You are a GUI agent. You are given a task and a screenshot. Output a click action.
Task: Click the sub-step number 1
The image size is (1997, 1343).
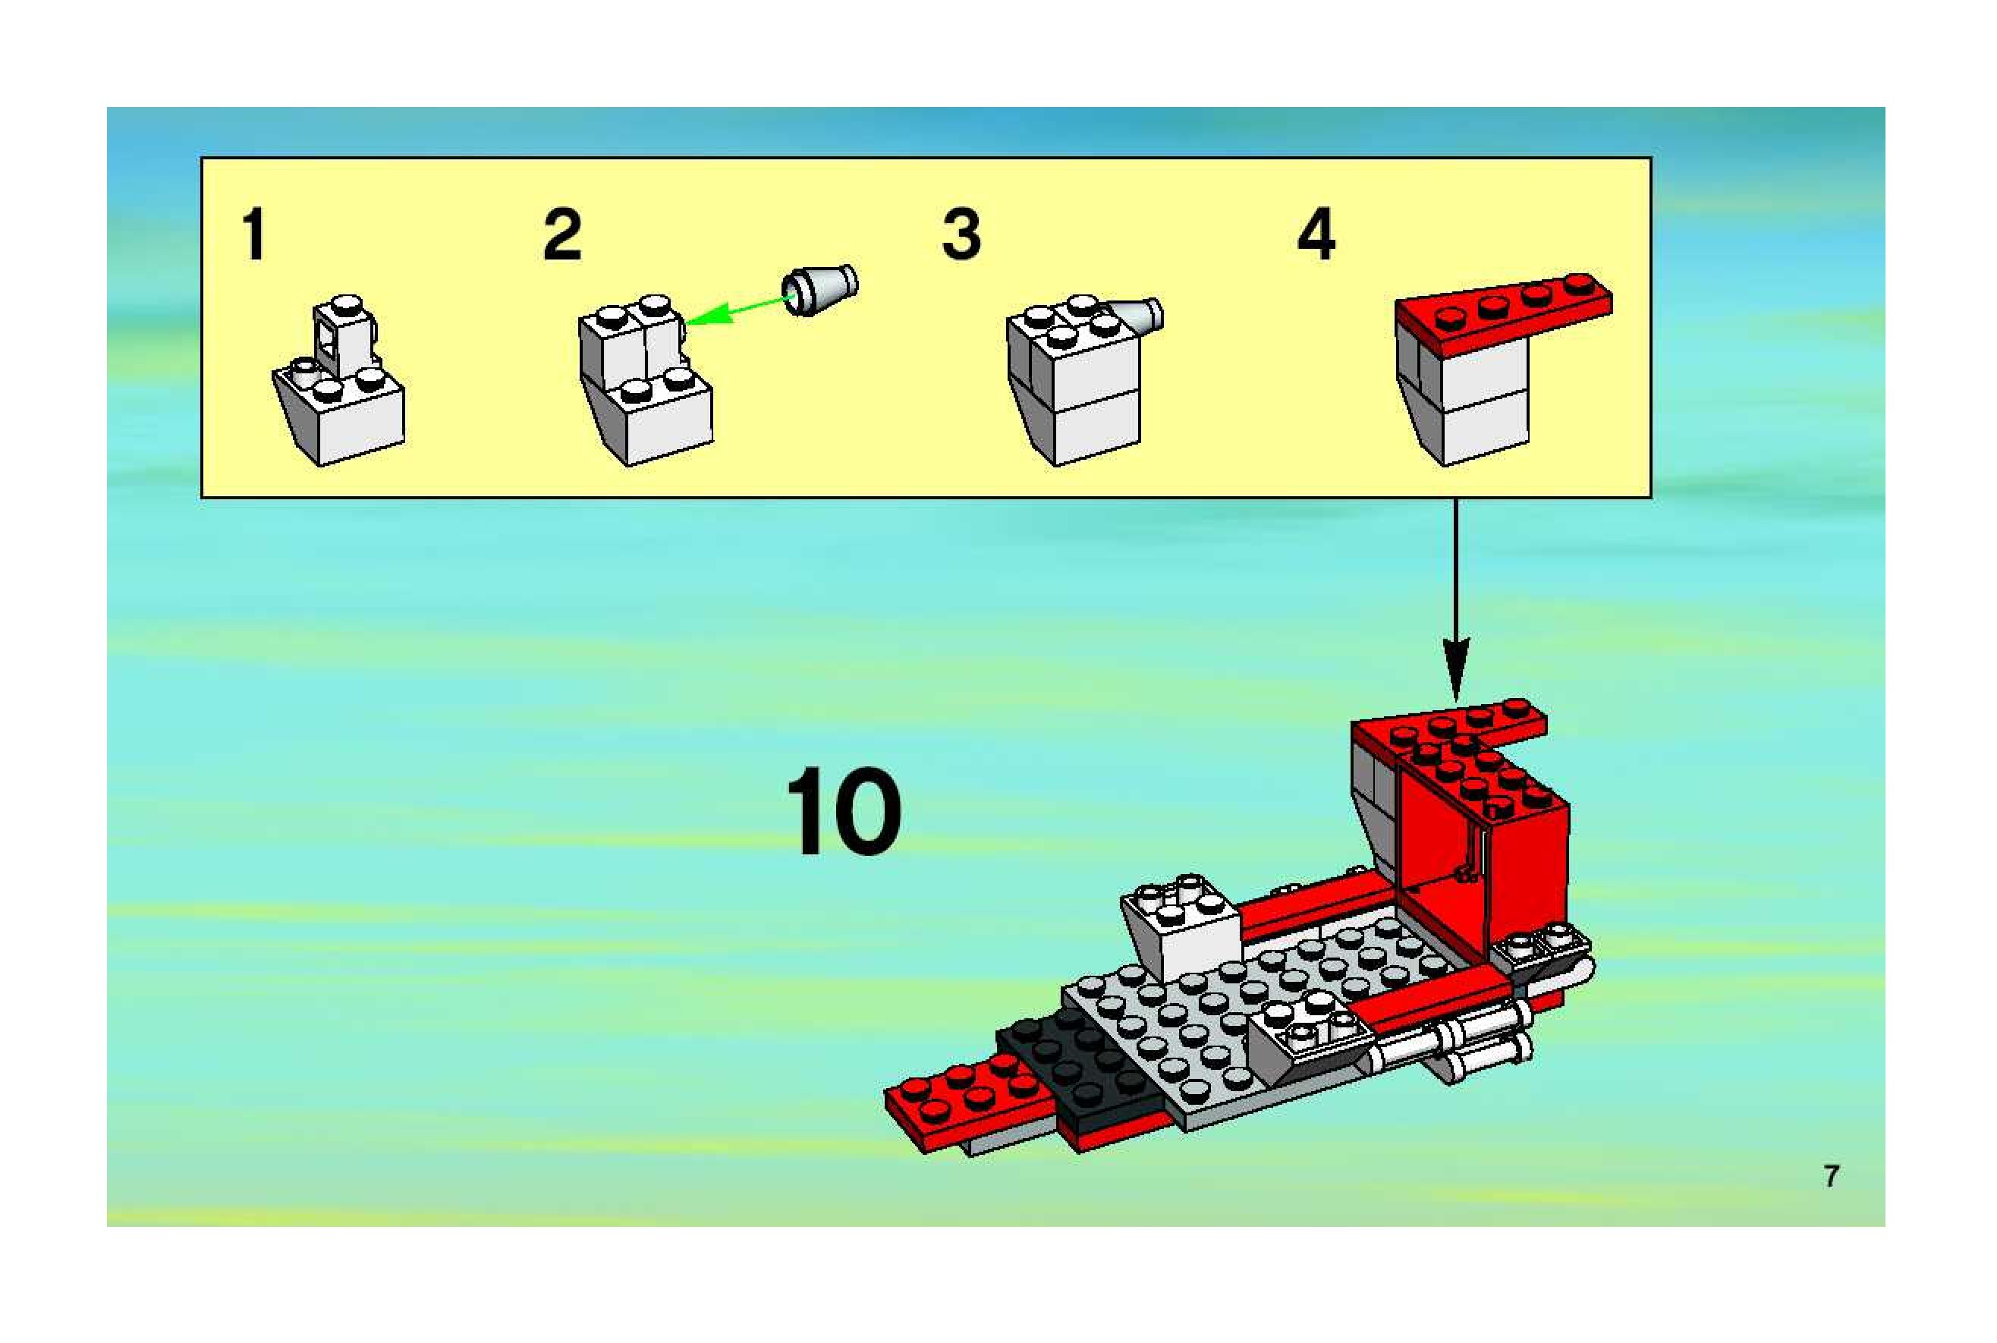click(x=253, y=234)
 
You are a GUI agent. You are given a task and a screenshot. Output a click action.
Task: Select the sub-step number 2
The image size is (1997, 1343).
click(x=563, y=234)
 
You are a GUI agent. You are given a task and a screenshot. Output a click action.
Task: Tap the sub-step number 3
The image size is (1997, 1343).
click(x=961, y=234)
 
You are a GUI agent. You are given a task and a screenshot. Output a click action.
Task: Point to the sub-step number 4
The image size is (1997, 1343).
click(x=1316, y=234)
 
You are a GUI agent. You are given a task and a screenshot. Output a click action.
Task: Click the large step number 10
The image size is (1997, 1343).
click(x=844, y=810)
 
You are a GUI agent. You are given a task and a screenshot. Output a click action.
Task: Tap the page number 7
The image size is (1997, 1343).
click(x=1832, y=1176)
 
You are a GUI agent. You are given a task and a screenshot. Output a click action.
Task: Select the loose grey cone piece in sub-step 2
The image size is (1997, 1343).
click(x=820, y=290)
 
